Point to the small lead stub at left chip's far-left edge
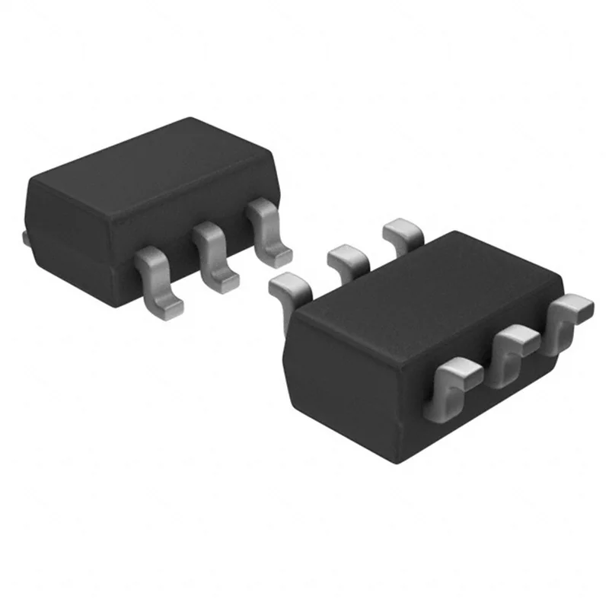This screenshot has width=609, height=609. point(27,239)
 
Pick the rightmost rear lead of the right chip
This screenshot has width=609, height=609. point(403,231)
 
